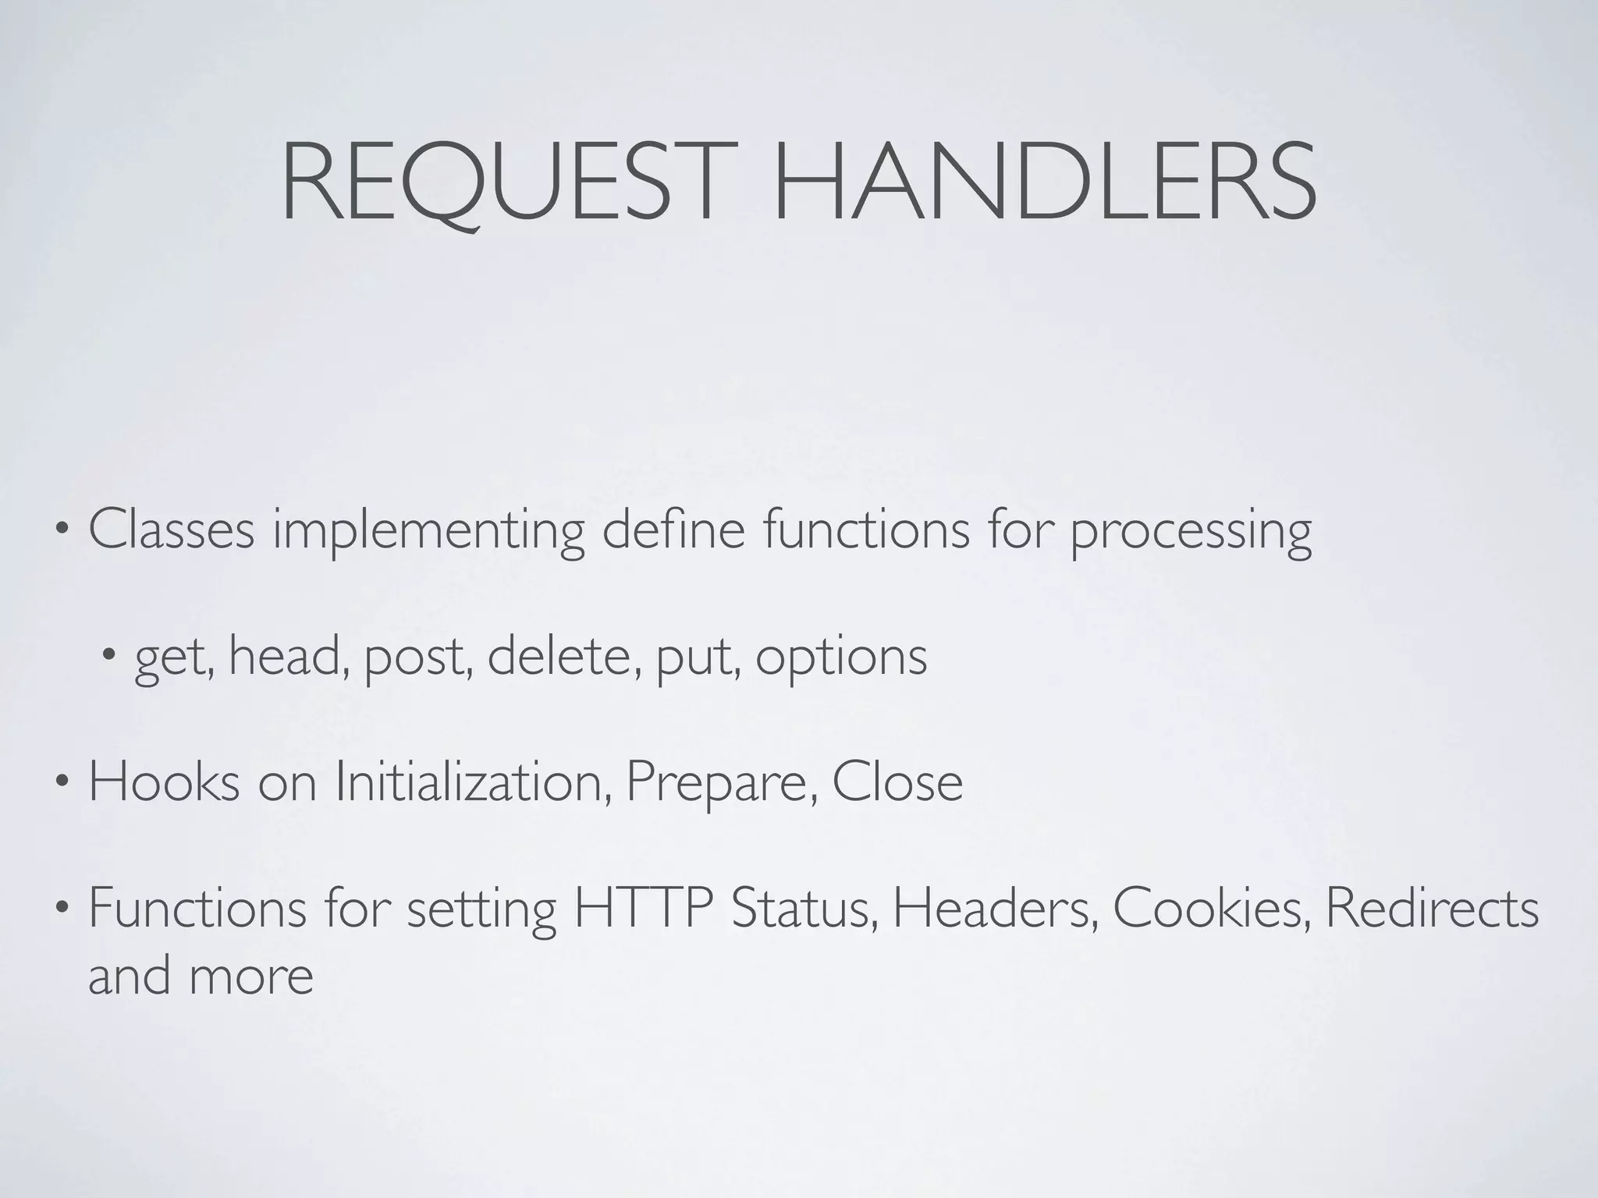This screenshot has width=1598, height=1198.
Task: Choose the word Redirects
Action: tap(1432, 909)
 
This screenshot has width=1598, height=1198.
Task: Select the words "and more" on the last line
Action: tap(201, 976)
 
